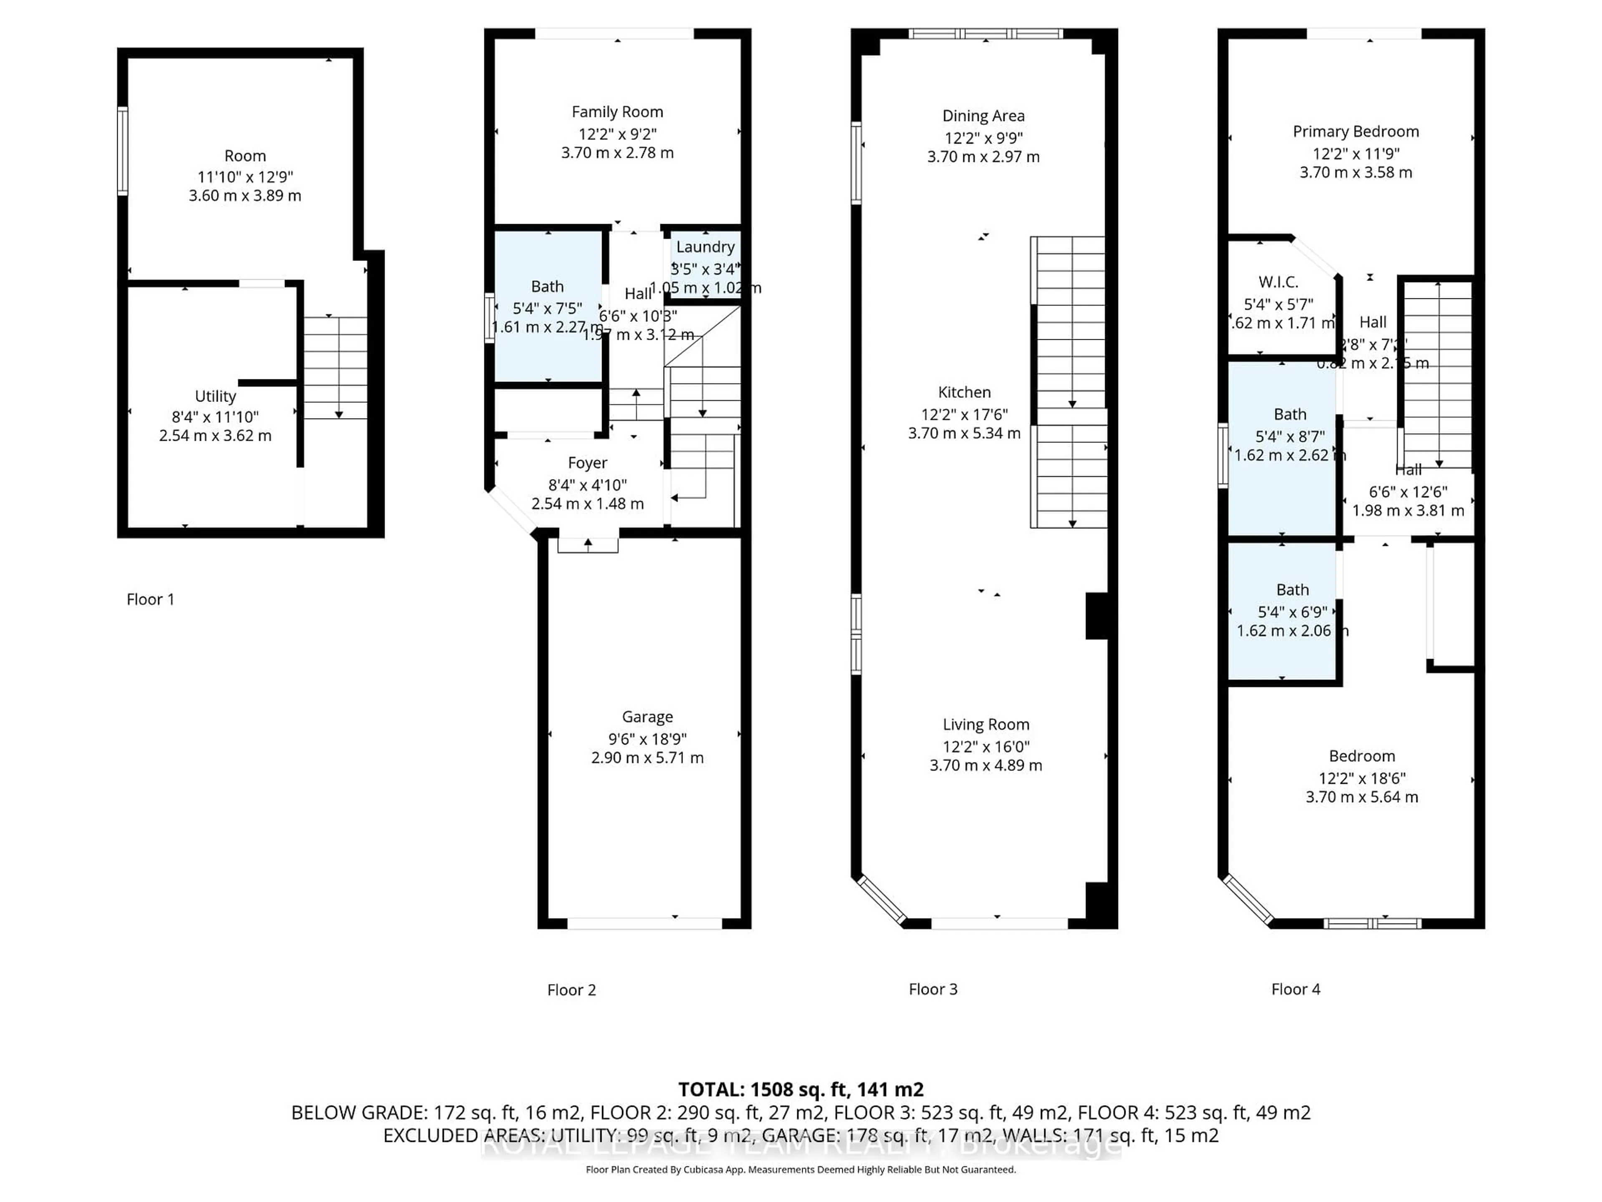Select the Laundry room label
click(x=705, y=247)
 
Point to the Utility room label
click(x=215, y=396)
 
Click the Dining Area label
click(x=983, y=116)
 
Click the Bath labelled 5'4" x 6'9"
click(x=1292, y=590)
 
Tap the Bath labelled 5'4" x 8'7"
click(x=1290, y=414)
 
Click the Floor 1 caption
click(x=150, y=599)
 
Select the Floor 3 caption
click(x=933, y=989)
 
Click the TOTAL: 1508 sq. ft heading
click(x=800, y=1089)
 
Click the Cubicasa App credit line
click(x=800, y=1169)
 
